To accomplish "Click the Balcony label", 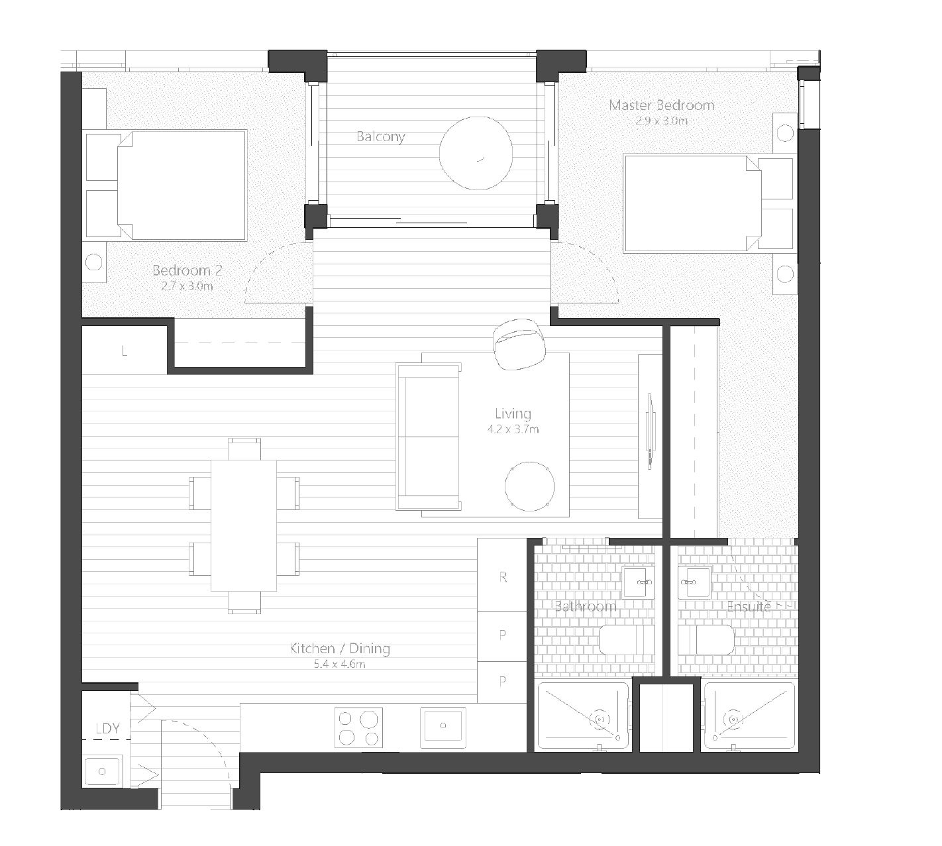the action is coord(380,136).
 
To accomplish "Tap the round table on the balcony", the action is coord(476,153).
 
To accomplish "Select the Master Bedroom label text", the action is coord(661,105).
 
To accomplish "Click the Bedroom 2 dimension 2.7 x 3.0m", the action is coord(187,286).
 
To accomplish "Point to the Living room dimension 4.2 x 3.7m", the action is coord(513,429).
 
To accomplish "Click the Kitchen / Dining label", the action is coord(339,648).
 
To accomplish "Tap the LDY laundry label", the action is coord(108,728).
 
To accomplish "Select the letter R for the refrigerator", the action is coord(503,577).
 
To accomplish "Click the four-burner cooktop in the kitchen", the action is coord(358,727).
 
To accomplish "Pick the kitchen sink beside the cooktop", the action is coord(443,727).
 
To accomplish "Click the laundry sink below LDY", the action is coord(102,771).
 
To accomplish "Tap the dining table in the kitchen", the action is coord(244,525).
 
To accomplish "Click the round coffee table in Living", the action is coord(529,486).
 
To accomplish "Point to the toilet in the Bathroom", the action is coord(626,639).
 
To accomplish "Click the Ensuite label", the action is coord(749,606).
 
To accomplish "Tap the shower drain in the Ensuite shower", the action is coord(733,719).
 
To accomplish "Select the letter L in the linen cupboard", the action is coord(124,351).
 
